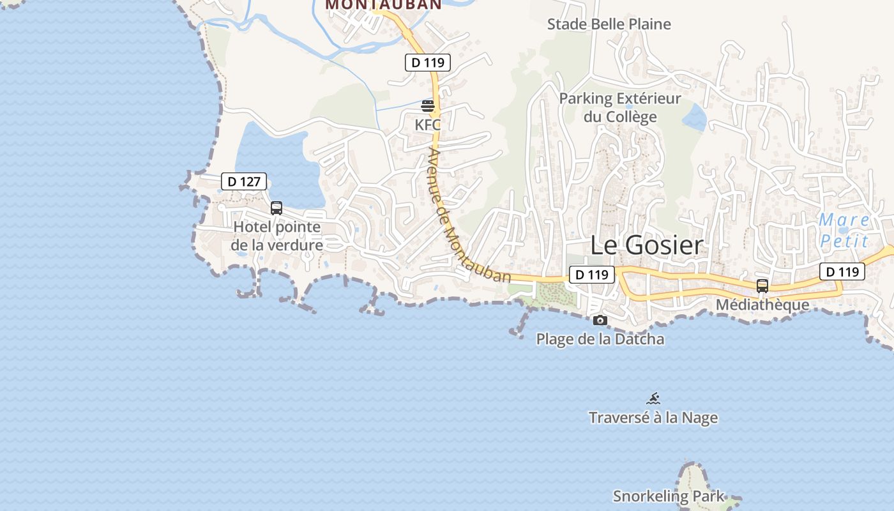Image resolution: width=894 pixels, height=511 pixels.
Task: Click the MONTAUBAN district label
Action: tap(383, 4)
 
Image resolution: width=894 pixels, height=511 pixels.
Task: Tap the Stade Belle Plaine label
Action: tap(609, 24)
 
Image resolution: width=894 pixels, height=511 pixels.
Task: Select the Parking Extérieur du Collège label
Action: tap(620, 108)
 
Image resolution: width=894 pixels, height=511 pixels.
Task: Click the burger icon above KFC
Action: tap(428, 105)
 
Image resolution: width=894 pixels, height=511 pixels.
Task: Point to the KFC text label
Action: tap(428, 125)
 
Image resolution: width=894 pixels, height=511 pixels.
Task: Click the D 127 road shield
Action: tap(244, 181)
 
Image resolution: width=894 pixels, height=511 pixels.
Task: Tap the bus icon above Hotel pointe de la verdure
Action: tap(277, 208)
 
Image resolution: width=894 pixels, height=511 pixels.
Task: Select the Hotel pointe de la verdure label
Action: tap(277, 236)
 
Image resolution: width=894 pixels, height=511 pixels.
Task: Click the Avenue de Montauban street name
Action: tap(469, 217)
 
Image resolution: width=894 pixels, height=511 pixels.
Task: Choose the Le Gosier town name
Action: tap(646, 245)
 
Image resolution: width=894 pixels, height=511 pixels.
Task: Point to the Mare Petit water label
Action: tap(844, 231)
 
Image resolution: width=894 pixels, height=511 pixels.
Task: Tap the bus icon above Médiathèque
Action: tap(762, 286)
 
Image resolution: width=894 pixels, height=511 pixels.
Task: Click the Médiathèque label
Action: tap(762, 305)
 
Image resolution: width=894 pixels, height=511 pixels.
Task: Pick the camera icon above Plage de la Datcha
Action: tap(600, 320)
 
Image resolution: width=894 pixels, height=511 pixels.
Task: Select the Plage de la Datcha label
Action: tap(600, 339)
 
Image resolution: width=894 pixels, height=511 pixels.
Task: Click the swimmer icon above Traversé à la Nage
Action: tap(653, 399)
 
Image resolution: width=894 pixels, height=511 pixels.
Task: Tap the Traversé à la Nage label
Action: tap(653, 418)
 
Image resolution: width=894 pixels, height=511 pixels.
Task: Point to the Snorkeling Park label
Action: tap(669, 496)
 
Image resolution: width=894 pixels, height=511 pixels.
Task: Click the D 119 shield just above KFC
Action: tap(428, 63)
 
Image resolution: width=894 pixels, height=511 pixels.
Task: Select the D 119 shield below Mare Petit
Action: tap(842, 271)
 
